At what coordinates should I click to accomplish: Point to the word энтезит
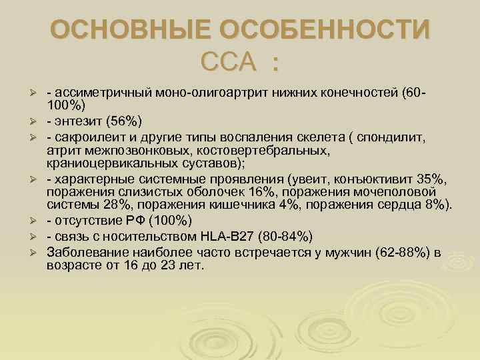point(77,120)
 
